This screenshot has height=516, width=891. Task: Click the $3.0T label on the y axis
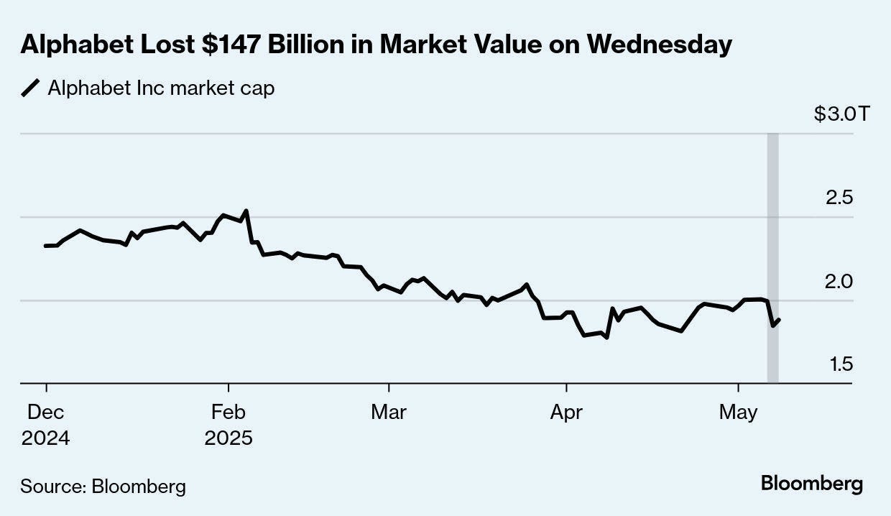click(841, 114)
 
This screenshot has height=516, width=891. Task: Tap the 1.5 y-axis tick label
click(841, 364)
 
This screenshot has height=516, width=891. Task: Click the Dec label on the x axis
click(45, 413)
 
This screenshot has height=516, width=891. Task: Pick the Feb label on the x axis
click(228, 413)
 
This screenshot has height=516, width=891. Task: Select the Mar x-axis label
click(388, 413)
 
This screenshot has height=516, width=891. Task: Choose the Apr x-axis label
click(567, 413)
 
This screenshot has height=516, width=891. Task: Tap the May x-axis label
click(739, 413)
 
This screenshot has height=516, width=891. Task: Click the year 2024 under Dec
click(45, 438)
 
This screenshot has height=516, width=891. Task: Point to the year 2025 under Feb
click(228, 438)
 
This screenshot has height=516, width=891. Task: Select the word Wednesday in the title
click(659, 45)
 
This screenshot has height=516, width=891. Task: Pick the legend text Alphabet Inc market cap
click(161, 88)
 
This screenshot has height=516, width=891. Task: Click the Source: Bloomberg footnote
click(103, 487)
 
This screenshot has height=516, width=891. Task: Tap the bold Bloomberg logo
click(812, 484)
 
